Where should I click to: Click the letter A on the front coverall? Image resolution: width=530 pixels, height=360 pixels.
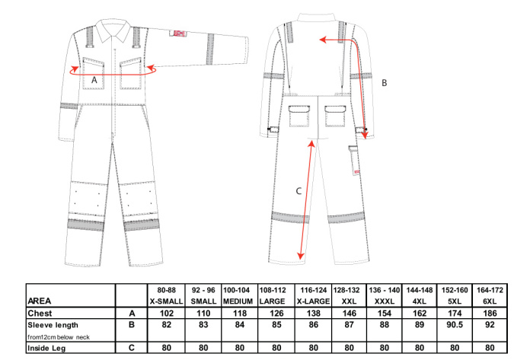point(94,80)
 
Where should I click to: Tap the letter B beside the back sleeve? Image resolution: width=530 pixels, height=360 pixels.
point(384,83)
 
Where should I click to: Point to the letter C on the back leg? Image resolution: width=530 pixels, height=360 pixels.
point(299,191)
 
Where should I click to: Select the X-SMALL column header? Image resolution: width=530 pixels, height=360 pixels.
point(166,301)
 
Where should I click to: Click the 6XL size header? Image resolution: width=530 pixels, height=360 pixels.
point(490,301)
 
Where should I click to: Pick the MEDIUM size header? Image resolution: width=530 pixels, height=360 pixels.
point(238,301)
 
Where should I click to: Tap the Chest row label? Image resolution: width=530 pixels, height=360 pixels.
point(40,314)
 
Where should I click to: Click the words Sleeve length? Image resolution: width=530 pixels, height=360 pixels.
point(53,325)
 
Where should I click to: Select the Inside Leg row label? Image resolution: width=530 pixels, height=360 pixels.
point(46,348)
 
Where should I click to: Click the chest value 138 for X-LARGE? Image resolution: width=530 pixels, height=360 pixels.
point(313,314)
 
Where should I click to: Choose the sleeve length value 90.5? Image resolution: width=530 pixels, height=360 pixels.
point(455,325)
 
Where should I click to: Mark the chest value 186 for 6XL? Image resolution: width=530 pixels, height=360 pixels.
point(490,314)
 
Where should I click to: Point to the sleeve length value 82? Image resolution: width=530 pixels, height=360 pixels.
point(166,325)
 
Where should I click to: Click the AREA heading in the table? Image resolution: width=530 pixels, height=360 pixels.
point(40,301)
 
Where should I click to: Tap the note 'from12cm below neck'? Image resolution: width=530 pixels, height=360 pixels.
point(59,337)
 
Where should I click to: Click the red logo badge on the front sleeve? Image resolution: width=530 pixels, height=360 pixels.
point(177,33)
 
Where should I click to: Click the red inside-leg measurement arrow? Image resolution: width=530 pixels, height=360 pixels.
point(306,199)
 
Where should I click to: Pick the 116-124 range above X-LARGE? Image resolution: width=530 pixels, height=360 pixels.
point(313,290)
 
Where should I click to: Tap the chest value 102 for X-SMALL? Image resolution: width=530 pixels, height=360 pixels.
point(166,314)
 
